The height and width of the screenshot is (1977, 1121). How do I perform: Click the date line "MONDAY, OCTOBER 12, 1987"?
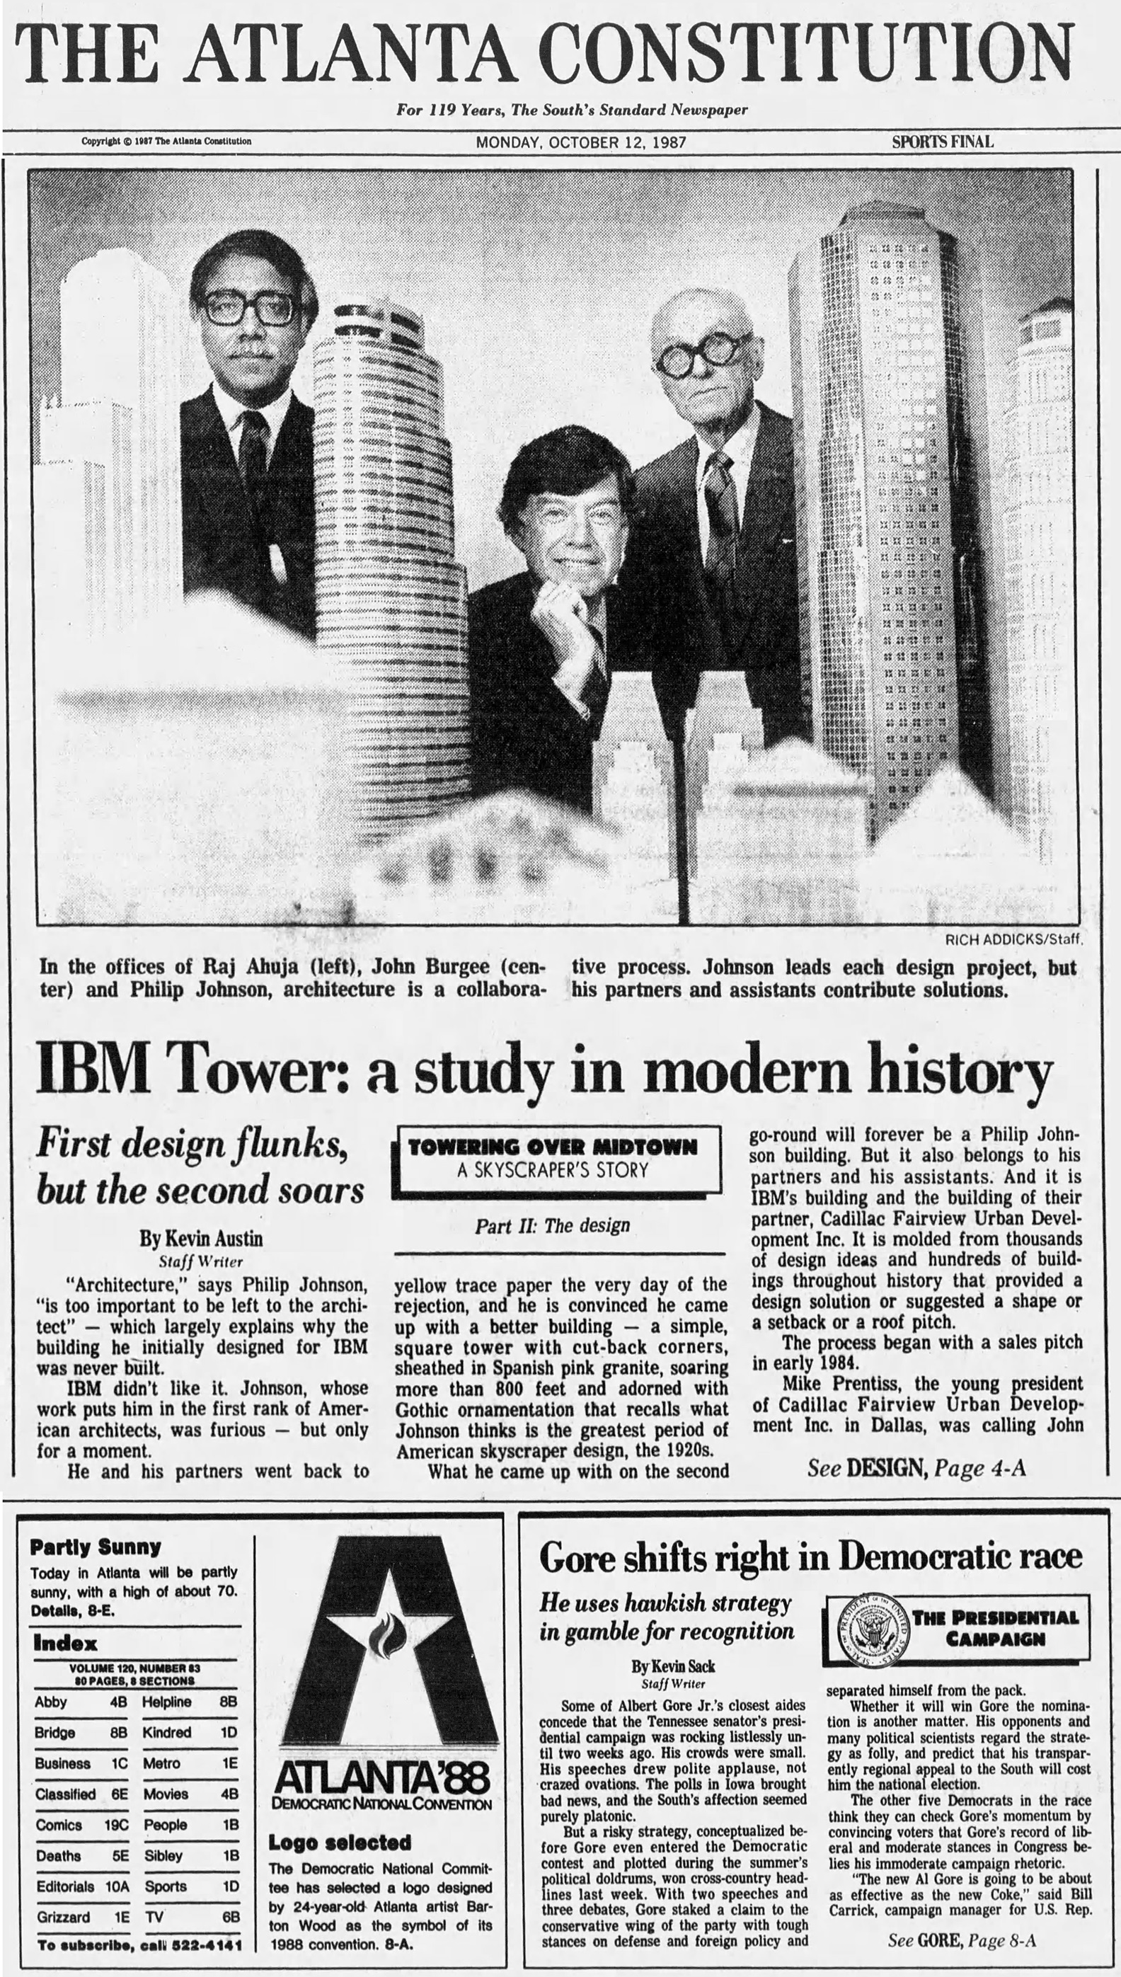(580, 142)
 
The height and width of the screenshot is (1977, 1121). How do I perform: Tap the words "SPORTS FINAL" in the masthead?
(943, 142)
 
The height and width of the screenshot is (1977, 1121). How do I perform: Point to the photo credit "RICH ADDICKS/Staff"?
(1014, 939)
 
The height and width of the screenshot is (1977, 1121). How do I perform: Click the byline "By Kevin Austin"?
(201, 1239)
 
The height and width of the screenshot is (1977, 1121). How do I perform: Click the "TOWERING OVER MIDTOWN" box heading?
(552, 1147)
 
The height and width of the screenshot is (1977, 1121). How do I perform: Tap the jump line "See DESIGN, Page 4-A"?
(916, 1469)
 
